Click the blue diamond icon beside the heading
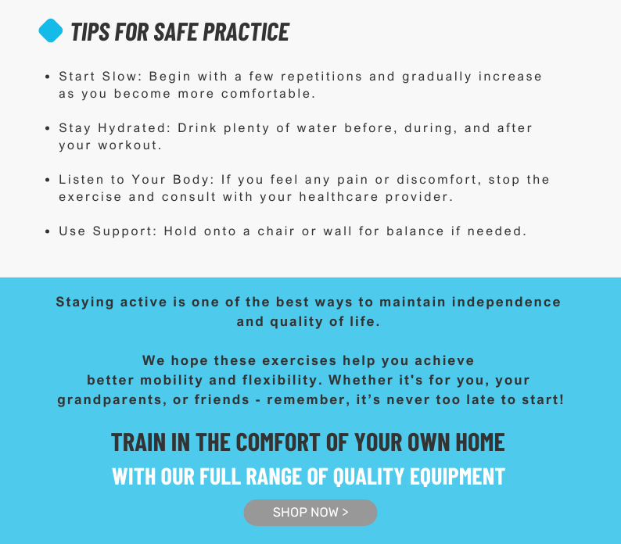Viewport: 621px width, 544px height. [x=51, y=30]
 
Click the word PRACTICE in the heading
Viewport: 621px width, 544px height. [x=246, y=32]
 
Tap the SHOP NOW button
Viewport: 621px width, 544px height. [x=310, y=512]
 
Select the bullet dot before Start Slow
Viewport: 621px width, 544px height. [x=48, y=77]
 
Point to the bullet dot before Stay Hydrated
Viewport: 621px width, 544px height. [x=48, y=128]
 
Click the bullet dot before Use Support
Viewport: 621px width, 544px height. [x=48, y=231]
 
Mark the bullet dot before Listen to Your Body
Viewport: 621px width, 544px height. [x=48, y=180]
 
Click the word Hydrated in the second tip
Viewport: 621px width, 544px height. [x=135, y=128]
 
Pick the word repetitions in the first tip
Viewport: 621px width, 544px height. [x=321, y=77]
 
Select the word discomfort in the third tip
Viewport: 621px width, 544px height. [x=440, y=180]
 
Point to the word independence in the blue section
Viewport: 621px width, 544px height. [x=506, y=302]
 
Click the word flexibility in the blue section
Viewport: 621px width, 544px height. [x=281, y=380]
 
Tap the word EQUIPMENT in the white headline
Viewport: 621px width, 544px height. [x=458, y=476]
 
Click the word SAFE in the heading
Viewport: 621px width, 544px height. [x=175, y=32]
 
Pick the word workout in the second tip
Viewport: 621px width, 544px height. [x=130, y=145]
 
